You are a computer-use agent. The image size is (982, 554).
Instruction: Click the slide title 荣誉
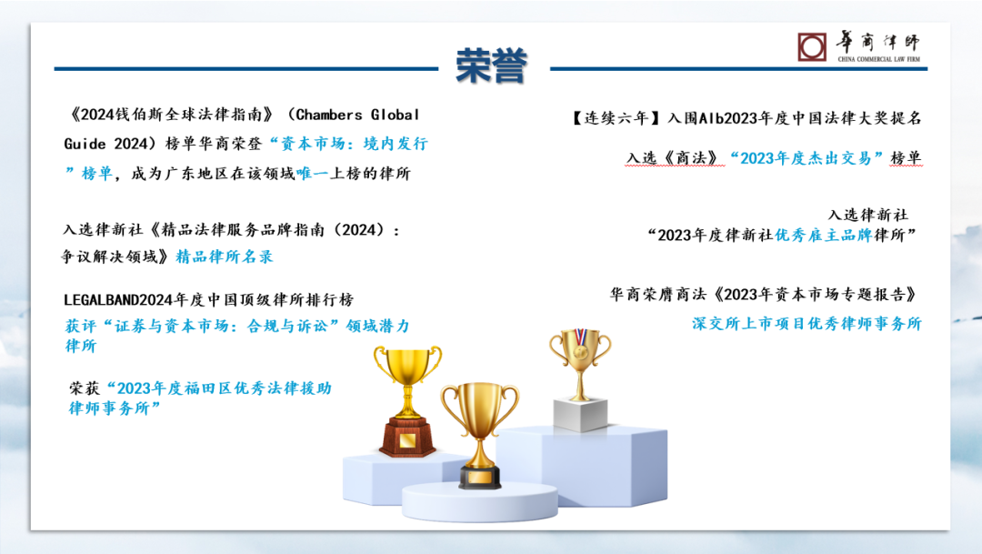[492, 65]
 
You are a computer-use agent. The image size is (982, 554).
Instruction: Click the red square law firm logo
[812, 47]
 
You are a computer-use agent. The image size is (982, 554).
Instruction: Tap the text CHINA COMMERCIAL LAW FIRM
[878, 59]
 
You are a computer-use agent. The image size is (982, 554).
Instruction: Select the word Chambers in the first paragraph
[329, 115]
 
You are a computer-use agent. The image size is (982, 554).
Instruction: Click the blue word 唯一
[313, 174]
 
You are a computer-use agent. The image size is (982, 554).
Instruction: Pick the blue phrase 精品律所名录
[225, 257]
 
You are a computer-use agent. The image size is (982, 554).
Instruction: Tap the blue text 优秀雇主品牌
[824, 235]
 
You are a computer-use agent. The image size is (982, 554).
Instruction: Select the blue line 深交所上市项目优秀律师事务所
[807, 323]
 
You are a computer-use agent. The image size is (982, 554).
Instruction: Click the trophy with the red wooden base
[407, 400]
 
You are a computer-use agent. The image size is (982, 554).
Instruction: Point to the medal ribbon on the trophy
[580, 337]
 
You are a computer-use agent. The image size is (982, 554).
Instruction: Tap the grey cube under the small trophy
[580, 414]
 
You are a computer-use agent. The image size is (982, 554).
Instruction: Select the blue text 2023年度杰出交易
[806, 158]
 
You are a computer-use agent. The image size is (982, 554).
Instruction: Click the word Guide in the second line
[85, 144]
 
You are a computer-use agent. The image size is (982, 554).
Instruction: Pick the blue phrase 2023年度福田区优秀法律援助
[225, 388]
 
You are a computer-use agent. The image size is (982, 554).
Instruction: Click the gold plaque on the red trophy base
[407, 440]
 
